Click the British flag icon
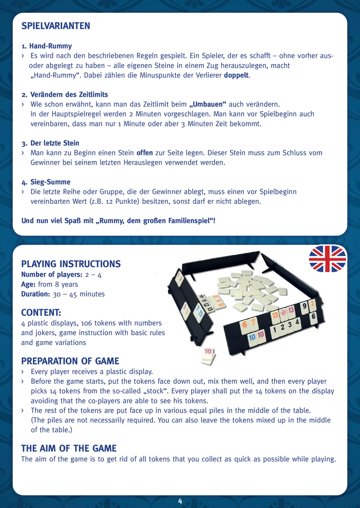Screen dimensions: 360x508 pos(328,259)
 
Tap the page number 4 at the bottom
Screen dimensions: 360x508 pos(180,501)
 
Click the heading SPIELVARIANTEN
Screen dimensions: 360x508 pos(56,26)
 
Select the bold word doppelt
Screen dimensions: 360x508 pos(237,75)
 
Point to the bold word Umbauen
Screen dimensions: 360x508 pos(208,104)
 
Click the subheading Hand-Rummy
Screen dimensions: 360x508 pos(51,46)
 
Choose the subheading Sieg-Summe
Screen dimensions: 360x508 pos(50,182)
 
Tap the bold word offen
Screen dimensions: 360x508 pos(145,153)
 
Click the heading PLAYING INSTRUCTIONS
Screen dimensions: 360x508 pos(71,264)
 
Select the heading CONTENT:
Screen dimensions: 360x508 pos(41,313)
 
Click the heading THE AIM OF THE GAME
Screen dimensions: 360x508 pos(69,449)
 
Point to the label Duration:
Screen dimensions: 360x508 pos(36,294)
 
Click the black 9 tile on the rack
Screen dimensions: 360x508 pos(304,307)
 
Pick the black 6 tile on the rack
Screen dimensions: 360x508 pos(313,317)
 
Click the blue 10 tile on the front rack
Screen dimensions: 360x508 pos(252,337)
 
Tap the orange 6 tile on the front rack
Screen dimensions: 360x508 pos(244,325)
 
